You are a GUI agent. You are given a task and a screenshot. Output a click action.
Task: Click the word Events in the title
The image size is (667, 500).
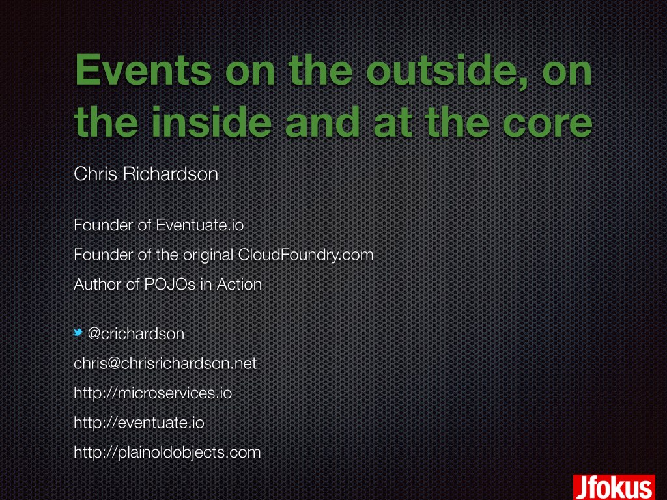point(143,70)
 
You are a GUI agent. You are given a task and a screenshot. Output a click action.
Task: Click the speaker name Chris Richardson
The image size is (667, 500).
point(146,174)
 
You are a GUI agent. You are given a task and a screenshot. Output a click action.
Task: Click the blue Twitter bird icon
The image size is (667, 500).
point(78,333)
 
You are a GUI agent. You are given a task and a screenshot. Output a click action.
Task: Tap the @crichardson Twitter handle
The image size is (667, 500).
point(135,334)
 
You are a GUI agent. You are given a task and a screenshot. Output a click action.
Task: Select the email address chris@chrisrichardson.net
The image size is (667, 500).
point(165,363)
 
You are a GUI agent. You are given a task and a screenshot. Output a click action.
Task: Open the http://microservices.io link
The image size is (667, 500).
point(152,393)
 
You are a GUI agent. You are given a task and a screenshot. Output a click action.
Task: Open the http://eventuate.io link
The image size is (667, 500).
point(139,423)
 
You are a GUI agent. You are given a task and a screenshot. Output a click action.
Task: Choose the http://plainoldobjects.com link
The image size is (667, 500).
point(167,452)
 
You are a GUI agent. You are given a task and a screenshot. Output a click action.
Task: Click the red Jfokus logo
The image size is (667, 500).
point(614,487)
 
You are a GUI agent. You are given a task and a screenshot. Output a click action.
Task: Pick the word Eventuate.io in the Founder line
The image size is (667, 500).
point(199,225)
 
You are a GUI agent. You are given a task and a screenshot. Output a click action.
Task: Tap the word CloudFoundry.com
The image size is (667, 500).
point(305,255)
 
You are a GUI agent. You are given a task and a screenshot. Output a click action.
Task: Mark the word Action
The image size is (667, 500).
point(239,285)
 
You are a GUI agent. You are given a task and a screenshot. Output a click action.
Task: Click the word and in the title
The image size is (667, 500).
point(322,122)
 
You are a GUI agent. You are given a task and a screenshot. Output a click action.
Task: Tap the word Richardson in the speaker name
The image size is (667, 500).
point(170,174)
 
